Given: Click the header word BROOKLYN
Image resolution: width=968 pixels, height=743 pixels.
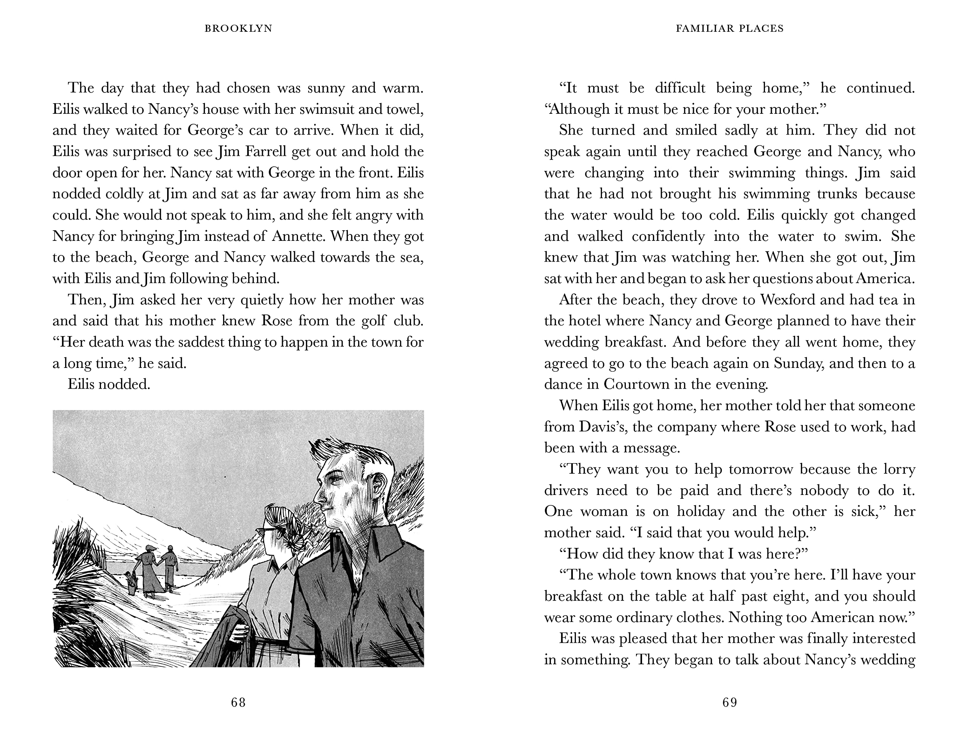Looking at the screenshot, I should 238,29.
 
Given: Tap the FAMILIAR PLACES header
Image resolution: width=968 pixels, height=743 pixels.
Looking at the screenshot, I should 730,29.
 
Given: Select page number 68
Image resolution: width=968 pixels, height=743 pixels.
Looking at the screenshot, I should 238,702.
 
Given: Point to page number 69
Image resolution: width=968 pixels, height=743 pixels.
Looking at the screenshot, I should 730,702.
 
